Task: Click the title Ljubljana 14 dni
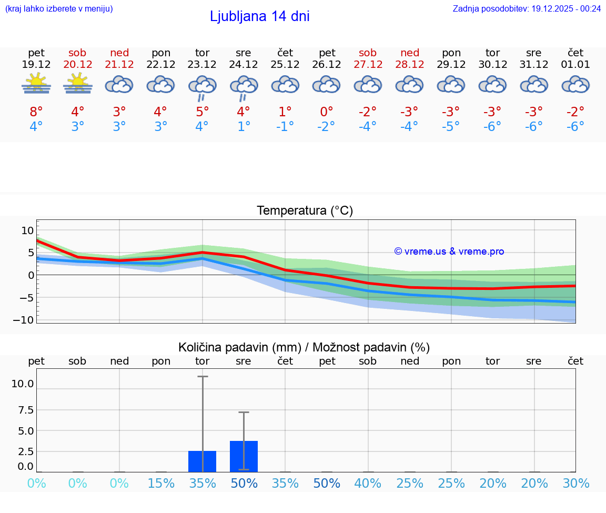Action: (x=259, y=16)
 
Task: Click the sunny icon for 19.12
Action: (x=36, y=84)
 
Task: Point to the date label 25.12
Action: (x=285, y=65)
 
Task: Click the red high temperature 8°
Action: (x=36, y=112)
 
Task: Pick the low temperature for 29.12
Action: (x=451, y=126)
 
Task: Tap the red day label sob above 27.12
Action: (x=368, y=53)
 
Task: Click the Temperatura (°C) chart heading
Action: (x=305, y=211)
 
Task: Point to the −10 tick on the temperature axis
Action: (x=27, y=320)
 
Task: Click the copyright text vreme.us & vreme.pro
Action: (x=449, y=252)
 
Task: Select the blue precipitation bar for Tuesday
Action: (x=202, y=461)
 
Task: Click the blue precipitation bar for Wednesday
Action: (x=244, y=456)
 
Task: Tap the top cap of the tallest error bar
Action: (x=203, y=377)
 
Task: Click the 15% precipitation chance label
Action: (x=161, y=483)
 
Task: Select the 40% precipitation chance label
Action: (x=368, y=483)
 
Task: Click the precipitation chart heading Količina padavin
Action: (x=304, y=347)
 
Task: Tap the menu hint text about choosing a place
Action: (x=59, y=8)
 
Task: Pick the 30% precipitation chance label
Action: (x=575, y=483)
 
